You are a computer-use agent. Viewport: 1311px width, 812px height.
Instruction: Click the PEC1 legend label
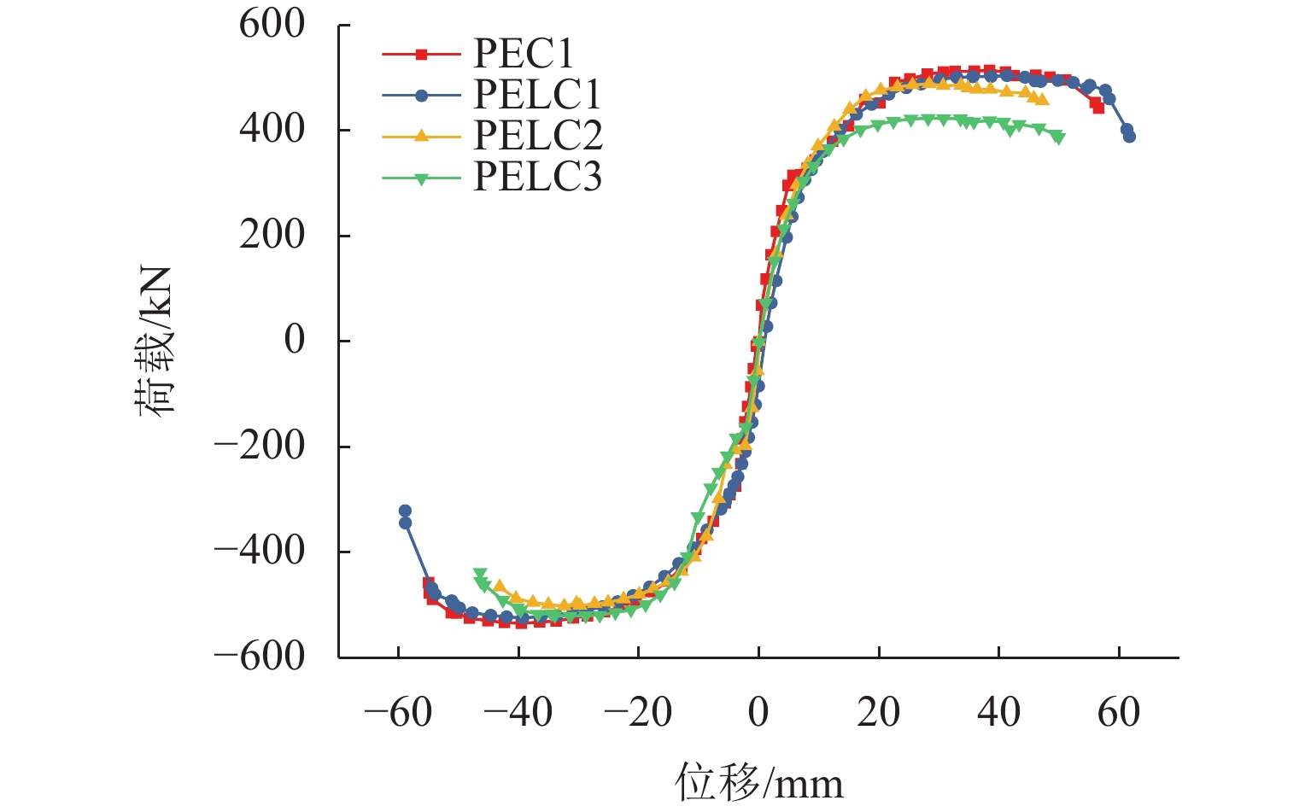524,54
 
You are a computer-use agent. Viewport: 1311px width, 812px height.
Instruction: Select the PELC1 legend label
537,95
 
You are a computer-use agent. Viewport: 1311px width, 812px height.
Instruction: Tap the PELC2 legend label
537,136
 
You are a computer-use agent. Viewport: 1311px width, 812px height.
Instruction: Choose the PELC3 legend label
537,177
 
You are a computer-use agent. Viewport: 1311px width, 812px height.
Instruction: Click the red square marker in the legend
421,54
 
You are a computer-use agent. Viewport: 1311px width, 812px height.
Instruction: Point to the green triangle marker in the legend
421,178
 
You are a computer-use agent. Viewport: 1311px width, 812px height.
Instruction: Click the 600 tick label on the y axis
272,25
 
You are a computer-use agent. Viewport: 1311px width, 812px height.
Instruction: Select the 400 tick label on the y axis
272,130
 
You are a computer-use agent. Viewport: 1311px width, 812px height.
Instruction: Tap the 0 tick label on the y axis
294,341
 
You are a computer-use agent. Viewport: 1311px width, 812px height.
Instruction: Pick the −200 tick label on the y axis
259,446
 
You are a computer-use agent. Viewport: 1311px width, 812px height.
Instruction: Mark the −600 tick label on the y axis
259,657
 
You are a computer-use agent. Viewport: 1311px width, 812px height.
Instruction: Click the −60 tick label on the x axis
397,712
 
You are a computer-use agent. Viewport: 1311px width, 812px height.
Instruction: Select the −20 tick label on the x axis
637,712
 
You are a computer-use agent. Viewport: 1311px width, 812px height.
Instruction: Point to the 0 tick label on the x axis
758,712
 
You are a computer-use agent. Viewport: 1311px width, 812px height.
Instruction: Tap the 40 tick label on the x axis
998,712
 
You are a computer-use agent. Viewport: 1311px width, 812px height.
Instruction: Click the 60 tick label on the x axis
1119,712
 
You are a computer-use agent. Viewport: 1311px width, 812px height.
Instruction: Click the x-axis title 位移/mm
758,782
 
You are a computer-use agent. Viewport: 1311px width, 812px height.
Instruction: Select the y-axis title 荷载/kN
155,341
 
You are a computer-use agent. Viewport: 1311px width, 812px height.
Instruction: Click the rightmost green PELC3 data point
1058,137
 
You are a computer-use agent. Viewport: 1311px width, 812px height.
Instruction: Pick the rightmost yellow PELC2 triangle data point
1043,99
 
